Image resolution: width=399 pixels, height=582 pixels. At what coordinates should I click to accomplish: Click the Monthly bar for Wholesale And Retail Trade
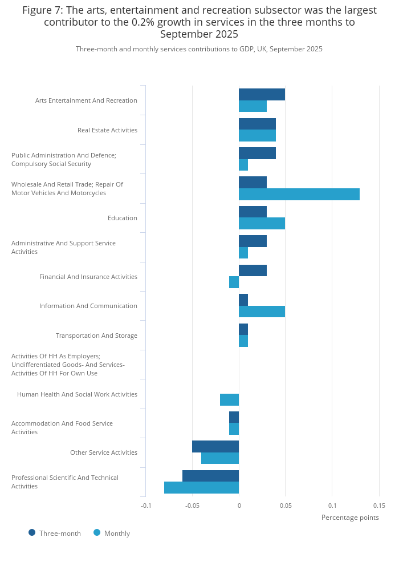point(299,194)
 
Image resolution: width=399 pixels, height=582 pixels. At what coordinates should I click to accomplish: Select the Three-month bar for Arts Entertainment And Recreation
point(262,94)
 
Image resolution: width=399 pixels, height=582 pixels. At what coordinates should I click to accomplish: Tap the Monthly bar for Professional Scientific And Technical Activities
point(201,488)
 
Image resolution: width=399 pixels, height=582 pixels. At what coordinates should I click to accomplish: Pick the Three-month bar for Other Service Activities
point(215,446)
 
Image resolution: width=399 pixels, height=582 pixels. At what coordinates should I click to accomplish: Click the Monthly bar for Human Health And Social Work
point(229,399)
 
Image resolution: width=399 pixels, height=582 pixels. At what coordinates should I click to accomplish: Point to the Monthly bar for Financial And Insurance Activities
point(234,282)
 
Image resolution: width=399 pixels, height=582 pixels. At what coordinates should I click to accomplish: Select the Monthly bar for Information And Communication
point(262,312)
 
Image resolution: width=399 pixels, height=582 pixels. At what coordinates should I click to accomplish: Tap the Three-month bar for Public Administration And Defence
point(257,153)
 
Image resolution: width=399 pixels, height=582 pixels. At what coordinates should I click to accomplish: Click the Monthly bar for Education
point(262,223)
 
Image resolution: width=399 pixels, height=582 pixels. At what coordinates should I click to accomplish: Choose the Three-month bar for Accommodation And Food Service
point(234,417)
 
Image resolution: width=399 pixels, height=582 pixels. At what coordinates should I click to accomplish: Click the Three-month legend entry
point(55,533)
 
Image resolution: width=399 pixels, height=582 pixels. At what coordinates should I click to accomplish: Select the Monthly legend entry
point(112,533)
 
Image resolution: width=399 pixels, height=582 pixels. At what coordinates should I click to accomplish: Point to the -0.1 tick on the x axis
point(146,506)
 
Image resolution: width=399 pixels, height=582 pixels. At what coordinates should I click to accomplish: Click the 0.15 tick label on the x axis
point(379,506)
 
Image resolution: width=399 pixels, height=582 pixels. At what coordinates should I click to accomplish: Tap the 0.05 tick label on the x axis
point(286,506)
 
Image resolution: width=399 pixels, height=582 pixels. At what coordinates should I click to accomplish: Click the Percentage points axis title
point(350,518)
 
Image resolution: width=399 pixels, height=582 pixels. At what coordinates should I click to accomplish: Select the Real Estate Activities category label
point(107,130)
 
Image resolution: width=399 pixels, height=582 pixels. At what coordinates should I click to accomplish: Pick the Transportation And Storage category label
point(96,336)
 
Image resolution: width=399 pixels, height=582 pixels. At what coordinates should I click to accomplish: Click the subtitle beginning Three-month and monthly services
point(199,49)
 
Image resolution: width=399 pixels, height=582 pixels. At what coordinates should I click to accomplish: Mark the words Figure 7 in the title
point(44,10)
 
